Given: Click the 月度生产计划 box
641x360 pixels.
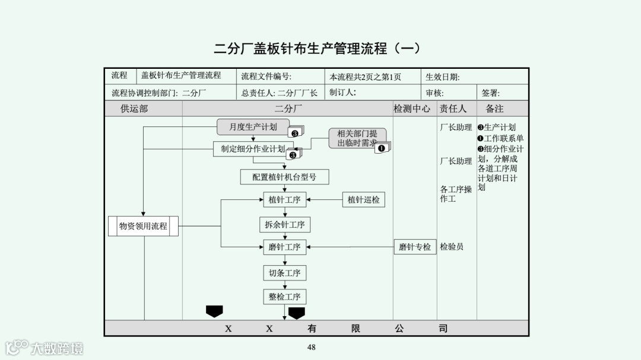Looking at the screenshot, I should [253, 127].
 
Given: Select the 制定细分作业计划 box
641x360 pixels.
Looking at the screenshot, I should [253, 149].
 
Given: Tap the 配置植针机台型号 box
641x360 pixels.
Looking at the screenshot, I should [284, 177].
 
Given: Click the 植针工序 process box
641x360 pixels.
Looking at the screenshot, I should [284, 200].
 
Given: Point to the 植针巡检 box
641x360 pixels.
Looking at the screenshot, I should [363, 200].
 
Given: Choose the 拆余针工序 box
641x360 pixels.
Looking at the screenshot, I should [284, 224].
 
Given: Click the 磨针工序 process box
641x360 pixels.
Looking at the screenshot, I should [284, 247].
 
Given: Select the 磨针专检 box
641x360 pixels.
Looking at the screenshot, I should [415, 247].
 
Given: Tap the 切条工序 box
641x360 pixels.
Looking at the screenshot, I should [284, 273].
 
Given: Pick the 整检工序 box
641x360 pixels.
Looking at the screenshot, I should [284, 297].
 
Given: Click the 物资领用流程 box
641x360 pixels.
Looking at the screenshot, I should [143, 226].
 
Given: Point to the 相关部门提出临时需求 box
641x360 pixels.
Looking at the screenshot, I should [357, 138].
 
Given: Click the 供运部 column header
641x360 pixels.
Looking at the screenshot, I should [134, 109].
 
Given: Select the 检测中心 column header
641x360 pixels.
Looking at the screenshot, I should [412, 109].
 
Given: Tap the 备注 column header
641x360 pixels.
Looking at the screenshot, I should [494, 109].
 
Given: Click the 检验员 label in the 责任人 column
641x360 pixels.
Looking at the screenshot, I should [452, 247].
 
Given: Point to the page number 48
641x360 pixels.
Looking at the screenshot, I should [312, 348].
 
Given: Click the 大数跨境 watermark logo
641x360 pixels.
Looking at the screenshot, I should [45, 348].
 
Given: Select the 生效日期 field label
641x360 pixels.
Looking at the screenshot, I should [443, 77].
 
